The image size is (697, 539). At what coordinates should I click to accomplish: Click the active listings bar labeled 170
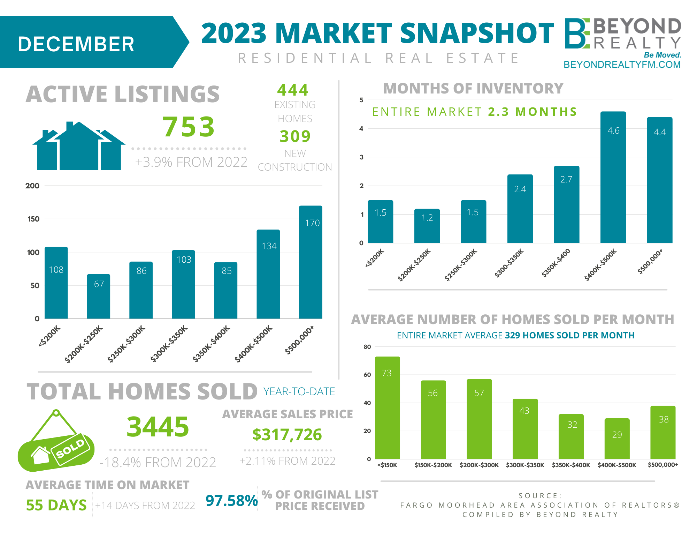tap(311, 262)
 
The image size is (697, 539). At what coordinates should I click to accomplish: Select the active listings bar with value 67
tap(99, 296)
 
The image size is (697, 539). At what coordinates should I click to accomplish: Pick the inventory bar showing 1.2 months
tap(427, 226)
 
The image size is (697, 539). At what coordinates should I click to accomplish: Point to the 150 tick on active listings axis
tap(33, 219)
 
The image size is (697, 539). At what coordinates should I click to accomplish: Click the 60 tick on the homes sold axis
tap(367, 375)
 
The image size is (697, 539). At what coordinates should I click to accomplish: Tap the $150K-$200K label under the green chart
tap(433, 465)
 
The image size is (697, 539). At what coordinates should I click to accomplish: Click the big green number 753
tap(189, 126)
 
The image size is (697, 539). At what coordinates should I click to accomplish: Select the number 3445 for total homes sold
tap(158, 427)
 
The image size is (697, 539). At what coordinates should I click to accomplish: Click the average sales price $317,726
tap(287, 435)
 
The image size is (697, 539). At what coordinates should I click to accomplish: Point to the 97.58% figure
tap(231, 501)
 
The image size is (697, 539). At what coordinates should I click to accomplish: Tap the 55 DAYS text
tap(56, 505)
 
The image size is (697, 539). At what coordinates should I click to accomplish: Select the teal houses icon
tap(79, 147)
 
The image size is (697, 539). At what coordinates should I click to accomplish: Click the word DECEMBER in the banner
tap(76, 44)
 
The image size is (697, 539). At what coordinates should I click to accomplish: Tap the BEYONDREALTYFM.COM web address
tap(622, 65)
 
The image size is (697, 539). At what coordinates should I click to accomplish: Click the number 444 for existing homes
tap(293, 90)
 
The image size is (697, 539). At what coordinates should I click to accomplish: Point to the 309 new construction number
tap(295, 136)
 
